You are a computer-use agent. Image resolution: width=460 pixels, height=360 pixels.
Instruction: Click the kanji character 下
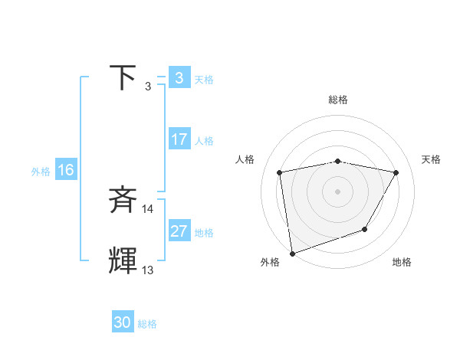123,78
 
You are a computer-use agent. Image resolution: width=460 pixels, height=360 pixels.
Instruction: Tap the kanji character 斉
123,201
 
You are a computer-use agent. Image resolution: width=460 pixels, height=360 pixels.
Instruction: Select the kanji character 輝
123,261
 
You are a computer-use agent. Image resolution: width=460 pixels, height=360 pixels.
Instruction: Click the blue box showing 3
179,78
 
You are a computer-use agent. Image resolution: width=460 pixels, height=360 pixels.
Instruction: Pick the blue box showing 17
179,140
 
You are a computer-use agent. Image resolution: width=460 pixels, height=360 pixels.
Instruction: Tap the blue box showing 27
179,232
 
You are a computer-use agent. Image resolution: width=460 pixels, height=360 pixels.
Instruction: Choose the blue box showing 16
65,171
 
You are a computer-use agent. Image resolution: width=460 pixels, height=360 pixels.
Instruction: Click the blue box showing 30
123,323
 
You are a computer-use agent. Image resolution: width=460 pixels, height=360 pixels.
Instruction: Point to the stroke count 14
148,208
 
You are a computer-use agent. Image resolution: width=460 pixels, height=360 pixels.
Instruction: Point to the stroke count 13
148,270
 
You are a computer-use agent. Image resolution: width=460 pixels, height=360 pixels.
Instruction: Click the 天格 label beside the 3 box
204,79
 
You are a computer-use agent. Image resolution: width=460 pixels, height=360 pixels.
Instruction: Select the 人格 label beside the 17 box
204,141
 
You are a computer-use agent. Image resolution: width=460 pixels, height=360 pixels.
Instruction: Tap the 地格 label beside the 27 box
204,233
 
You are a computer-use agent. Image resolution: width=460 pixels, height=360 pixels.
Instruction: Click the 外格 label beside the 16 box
41,172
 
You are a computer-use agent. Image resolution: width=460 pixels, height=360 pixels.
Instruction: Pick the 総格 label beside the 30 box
147,324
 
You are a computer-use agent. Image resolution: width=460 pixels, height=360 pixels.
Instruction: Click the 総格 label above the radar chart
338,100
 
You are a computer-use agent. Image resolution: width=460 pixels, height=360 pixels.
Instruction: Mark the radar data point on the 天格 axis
396,172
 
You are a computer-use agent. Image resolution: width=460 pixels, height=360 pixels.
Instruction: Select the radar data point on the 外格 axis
291,253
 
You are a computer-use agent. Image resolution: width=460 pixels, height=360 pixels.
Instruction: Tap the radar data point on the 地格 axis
365,229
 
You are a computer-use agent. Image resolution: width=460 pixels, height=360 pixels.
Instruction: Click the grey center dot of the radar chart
337,191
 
